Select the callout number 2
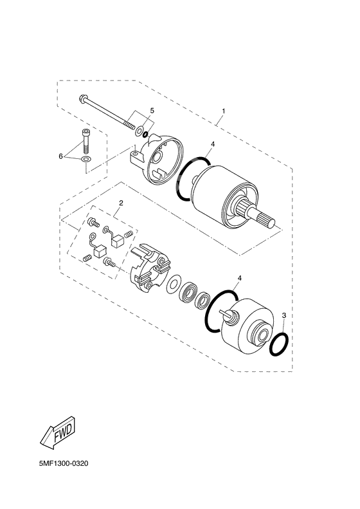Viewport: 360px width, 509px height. pos(120,203)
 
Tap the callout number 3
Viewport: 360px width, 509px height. pos(283,315)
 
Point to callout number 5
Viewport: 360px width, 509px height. pos(152,111)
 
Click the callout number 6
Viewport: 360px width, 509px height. pos(62,156)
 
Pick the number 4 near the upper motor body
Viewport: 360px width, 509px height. pos(212,145)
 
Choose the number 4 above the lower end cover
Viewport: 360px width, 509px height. pos(239,279)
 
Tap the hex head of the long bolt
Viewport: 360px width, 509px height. pos(84,100)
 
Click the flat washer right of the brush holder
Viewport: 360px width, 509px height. pos(174,284)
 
